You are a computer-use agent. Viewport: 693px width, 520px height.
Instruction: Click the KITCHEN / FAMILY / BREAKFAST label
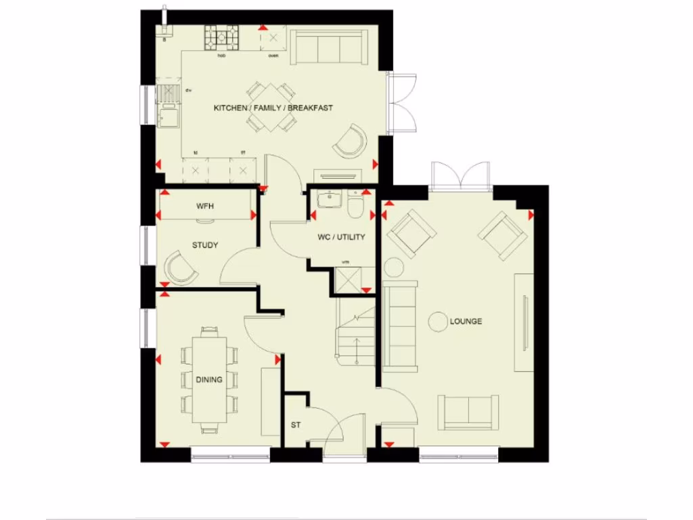[273, 108]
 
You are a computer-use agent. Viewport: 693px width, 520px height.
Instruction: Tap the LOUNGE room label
[466, 321]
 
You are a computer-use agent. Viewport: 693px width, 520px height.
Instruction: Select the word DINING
[209, 380]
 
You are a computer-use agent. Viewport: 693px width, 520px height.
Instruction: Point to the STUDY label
[204, 245]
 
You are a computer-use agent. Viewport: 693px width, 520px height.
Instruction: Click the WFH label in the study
[204, 206]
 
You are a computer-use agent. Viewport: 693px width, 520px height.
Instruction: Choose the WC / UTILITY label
[341, 237]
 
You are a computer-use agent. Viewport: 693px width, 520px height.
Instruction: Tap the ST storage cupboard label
[295, 425]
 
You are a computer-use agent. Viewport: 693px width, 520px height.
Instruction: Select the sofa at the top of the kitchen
[325, 46]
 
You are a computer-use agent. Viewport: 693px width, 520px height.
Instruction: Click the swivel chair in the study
[181, 268]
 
